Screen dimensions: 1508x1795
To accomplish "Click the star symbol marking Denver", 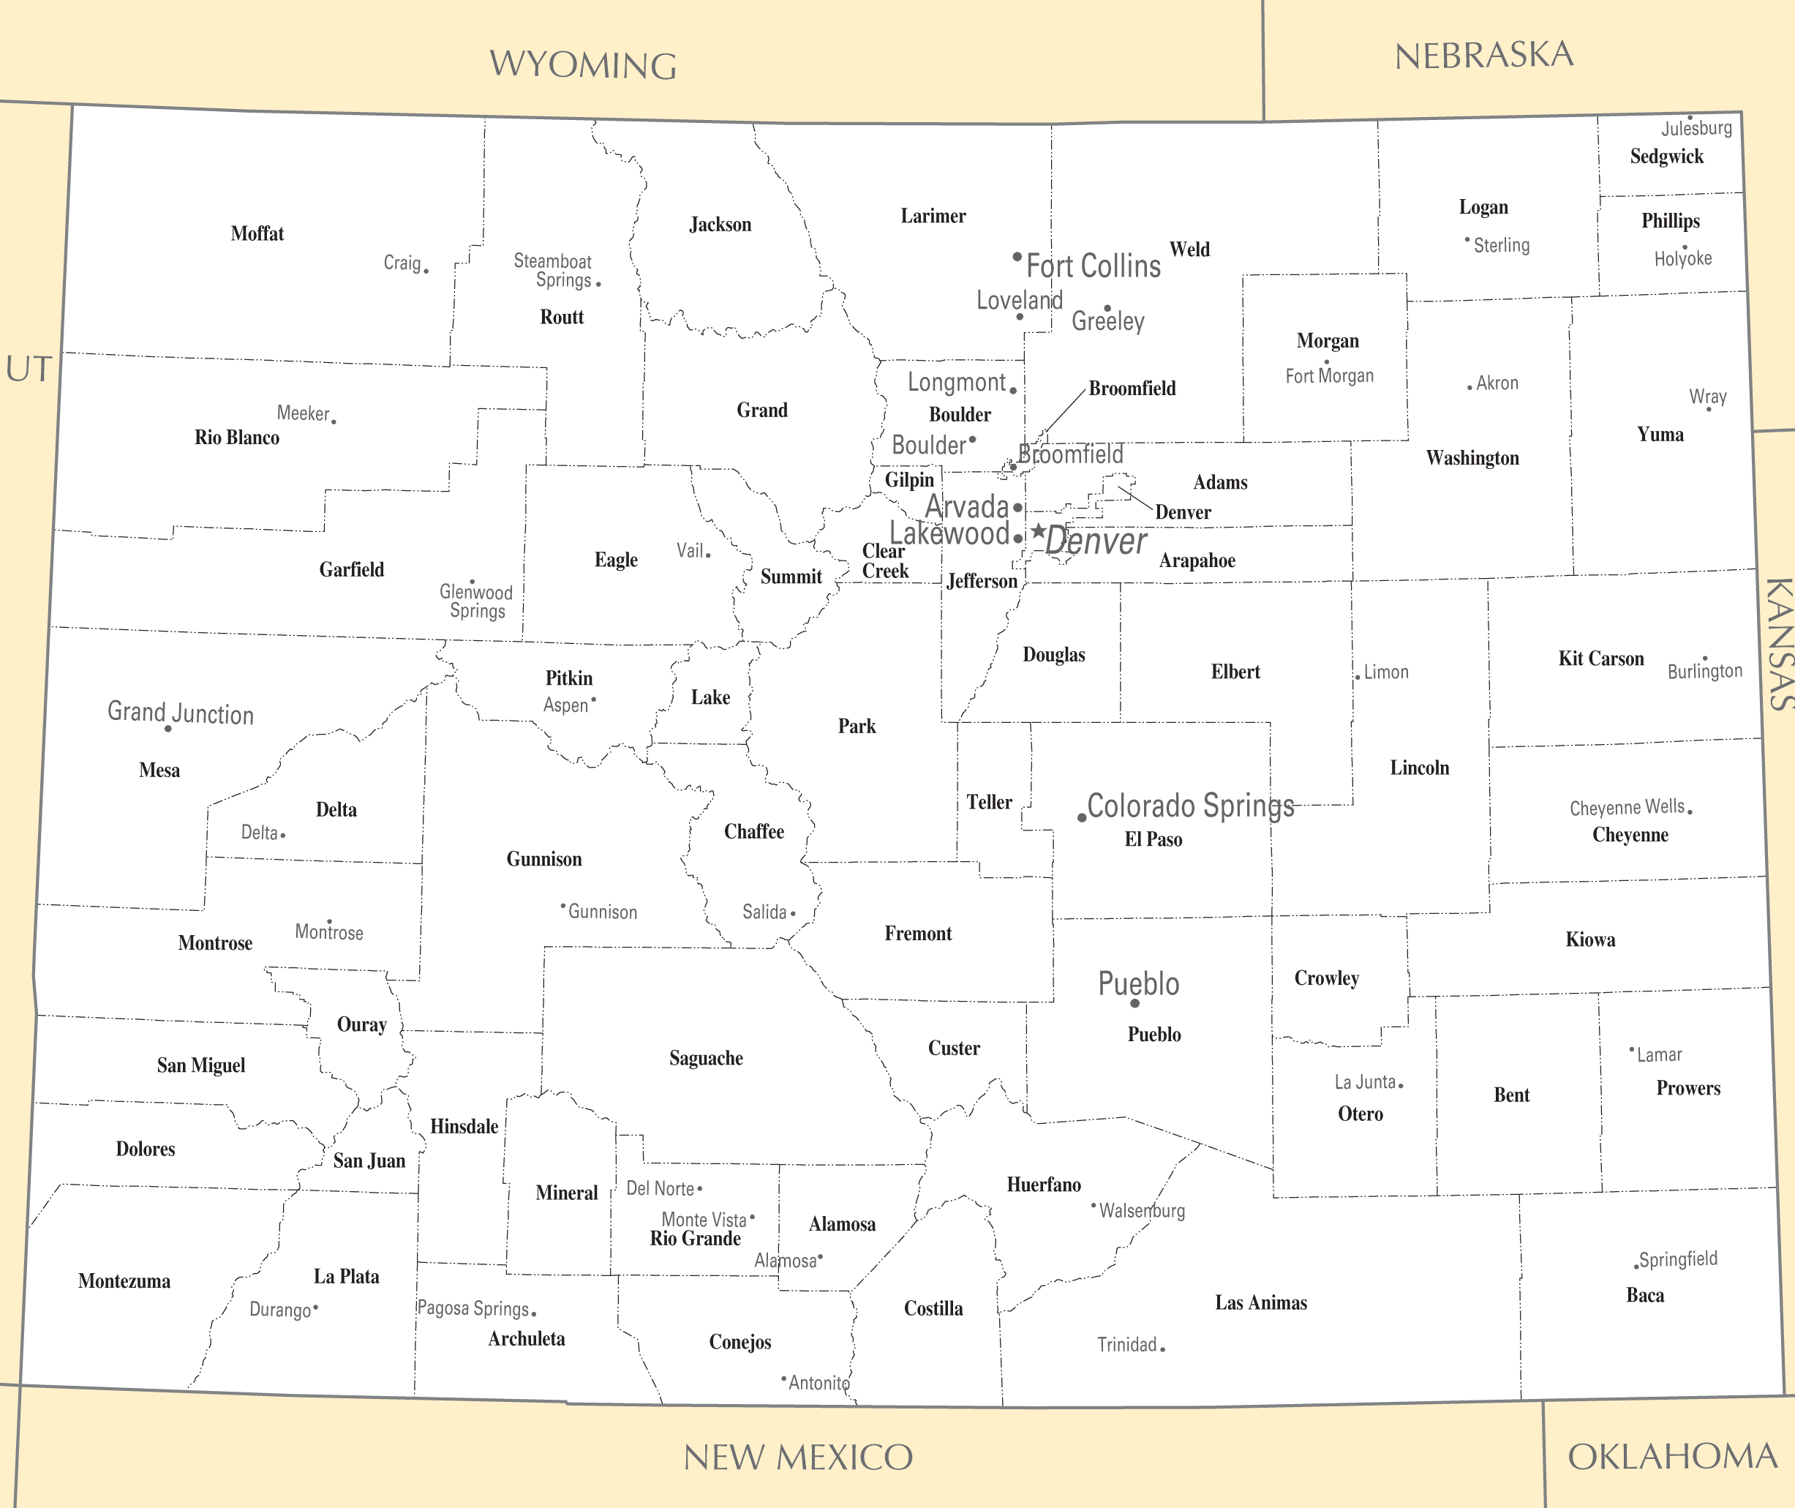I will (x=1038, y=531).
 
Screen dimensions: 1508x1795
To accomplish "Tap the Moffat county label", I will (x=257, y=233).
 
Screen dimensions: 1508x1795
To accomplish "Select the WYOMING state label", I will (x=583, y=65).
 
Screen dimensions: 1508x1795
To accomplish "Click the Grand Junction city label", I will (x=181, y=712).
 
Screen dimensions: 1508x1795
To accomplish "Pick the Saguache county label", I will (x=706, y=1058).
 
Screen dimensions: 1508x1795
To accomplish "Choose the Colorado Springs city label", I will (x=1190, y=806).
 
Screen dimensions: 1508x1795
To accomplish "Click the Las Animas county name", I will (x=1261, y=1303).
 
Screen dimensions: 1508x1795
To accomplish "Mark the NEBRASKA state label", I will (x=1484, y=56).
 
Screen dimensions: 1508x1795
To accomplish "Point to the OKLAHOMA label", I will (x=1672, y=1457).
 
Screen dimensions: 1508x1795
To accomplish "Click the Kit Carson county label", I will (x=1601, y=659).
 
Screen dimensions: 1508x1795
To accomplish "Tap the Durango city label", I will (x=279, y=1310).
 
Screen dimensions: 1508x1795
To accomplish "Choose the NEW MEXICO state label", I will (x=798, y=1458).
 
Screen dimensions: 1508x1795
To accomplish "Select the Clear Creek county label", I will (x=884, y=560).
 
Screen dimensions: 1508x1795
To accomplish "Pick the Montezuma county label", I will (x=125, y=1280).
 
